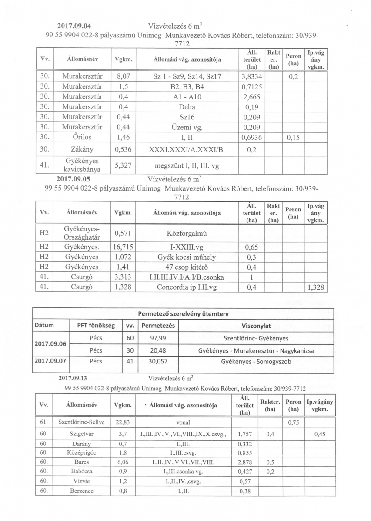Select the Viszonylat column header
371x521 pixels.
256,325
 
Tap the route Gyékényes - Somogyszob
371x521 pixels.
256,361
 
